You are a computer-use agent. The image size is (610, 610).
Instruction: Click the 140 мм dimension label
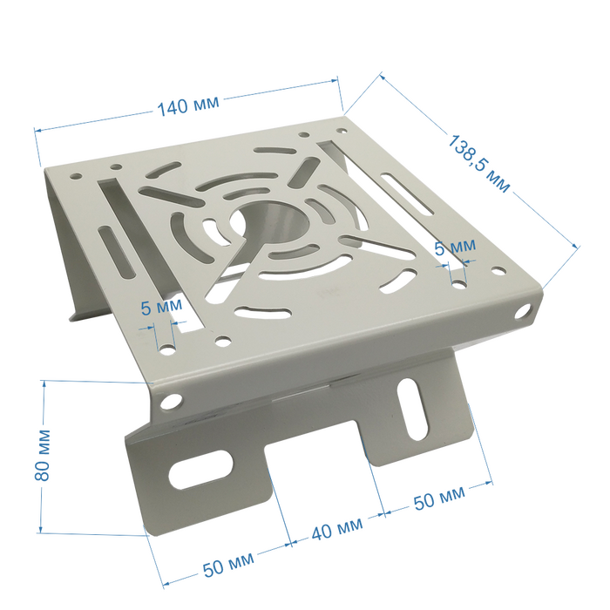tap(188, 105)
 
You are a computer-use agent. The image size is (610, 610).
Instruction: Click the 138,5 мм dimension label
tap(478, 163)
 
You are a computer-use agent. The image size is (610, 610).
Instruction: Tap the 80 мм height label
tap(43, 455)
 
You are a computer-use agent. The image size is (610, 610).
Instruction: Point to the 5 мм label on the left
tap(161, 307)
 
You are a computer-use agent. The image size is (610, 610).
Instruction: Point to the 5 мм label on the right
tap(455, 247)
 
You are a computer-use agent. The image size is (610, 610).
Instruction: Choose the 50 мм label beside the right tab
tap(439, 498)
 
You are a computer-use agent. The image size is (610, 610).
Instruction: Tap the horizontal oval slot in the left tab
tap(200, 470)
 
